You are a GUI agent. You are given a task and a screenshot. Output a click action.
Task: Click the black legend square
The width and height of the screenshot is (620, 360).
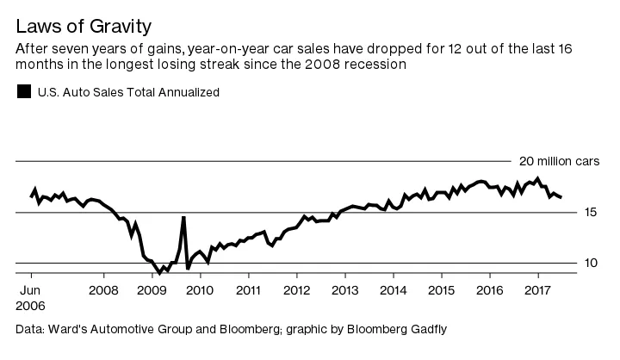tap(24, 91)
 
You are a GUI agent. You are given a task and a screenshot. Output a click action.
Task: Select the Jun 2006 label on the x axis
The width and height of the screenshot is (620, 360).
tap(32, 297)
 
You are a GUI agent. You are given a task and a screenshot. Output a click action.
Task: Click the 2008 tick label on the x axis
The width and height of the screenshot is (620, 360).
tap(103, 289)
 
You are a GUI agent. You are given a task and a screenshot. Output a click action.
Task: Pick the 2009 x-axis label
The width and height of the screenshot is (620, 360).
tap(152, 289)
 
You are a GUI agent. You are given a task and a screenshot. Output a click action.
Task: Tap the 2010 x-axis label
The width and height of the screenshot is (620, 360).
tap(201, 289)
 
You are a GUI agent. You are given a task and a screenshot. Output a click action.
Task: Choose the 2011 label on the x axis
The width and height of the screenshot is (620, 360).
tap(249, 289)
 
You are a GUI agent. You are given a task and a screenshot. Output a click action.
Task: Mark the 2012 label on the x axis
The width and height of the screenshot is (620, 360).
tap(297, 289)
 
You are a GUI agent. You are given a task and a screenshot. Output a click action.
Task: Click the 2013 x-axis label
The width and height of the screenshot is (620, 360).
tap(345, 289)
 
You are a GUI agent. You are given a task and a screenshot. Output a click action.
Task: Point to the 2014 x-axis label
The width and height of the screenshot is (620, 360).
tap(394, 289)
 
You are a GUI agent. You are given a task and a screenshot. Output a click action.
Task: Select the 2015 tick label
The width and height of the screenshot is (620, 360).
tap(442, 289)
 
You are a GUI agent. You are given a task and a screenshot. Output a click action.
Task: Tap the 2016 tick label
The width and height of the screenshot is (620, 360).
tap(490, 289)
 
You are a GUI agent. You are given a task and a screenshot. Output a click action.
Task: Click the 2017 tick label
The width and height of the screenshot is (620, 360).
tap(538, 289)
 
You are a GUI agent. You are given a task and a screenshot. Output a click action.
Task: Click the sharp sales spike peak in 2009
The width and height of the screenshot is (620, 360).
tap(183, 218)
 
